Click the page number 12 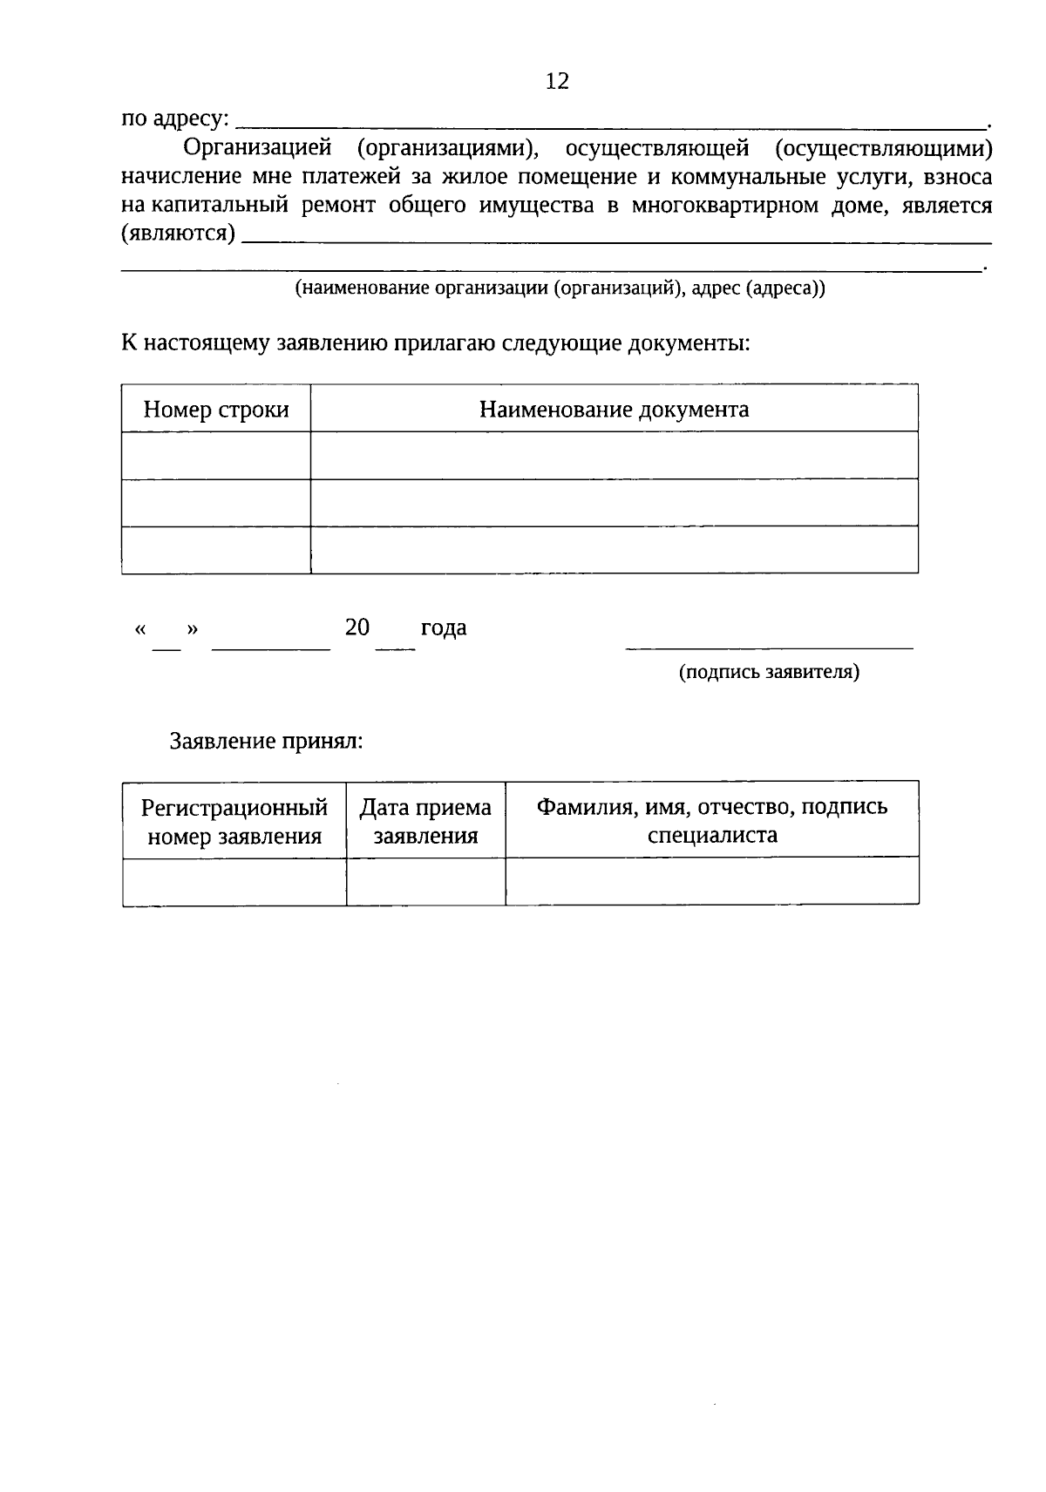(557, 81)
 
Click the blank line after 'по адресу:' (610, 125)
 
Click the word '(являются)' (178, 234)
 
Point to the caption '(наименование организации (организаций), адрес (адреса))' (560, 288)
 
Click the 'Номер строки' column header (216, 409)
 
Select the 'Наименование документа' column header (614, 409)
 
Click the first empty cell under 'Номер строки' (216, 455)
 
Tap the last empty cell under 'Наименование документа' (614, 550)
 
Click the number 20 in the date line (357, 627)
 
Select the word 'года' (444, 627)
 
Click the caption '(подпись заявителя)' (769, 672)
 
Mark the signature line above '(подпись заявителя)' (769, 648)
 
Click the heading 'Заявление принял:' (266, 741)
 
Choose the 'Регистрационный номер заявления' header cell (234, 821)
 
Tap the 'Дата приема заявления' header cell (425, 821)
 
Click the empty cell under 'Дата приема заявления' (425, 881)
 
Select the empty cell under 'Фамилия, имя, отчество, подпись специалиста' (711, 881)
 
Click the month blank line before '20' (271, 648)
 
